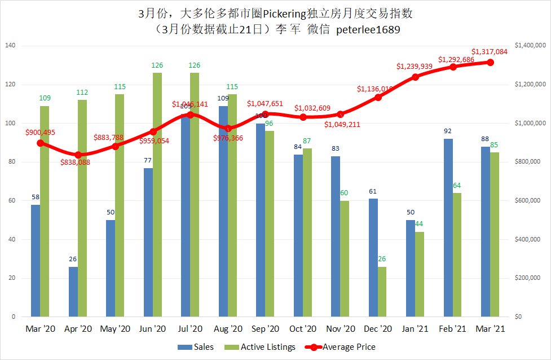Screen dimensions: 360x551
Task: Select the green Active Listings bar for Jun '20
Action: (x=157, y=195)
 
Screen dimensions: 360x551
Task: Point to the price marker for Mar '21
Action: (x=491, y=62)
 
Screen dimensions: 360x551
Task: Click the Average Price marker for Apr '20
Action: (x=78, y=155)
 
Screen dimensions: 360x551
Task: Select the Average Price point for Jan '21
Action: (x=416, y=77)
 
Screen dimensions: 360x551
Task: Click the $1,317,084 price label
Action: (x=490, y=52)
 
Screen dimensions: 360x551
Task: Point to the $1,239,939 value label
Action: (x=415, y=67)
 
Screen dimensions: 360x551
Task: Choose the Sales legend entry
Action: (x=196, y=347)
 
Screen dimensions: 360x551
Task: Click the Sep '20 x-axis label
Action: (x=265, y=328)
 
